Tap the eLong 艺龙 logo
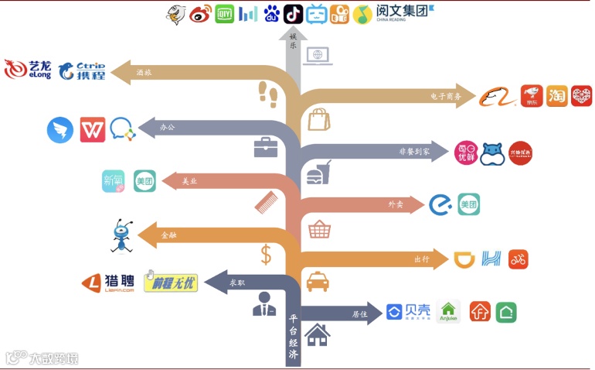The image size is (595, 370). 28,70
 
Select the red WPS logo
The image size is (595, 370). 92,129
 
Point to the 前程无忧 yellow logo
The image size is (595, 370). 171,283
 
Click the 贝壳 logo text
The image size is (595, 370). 407,312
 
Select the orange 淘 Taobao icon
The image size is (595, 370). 556,96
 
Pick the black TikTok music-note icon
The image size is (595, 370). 294,13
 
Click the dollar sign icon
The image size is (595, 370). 266,254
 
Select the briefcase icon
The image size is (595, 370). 266,146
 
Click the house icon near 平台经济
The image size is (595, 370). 318,335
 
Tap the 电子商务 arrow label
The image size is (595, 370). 446,97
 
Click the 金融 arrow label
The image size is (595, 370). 168,235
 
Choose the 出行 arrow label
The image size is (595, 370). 422,259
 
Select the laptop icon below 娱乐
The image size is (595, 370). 318,56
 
